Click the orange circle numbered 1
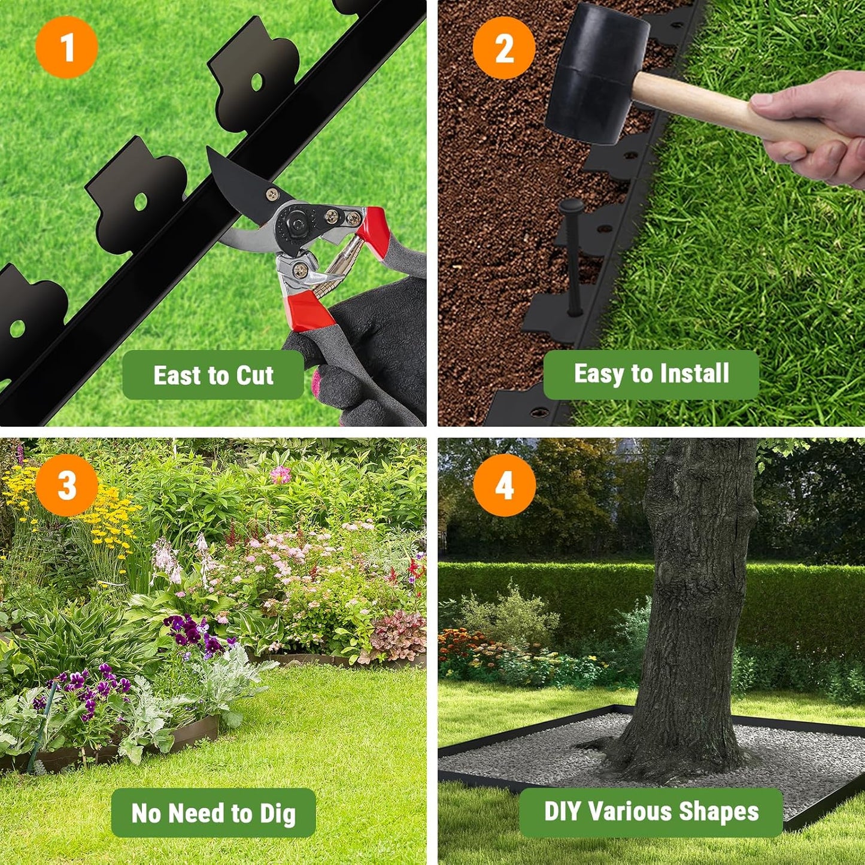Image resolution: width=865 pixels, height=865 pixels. pos(66,47)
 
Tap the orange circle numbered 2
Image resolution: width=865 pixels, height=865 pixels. pos(504,48)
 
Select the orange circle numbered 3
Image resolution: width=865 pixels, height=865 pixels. pos(66,485)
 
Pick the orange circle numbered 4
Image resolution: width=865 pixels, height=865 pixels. pos(504,485)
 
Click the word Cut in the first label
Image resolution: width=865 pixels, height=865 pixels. pos(255,375)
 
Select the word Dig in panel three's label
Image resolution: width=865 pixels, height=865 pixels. pos(277,814)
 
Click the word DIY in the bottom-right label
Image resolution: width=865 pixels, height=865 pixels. pos(562,812)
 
